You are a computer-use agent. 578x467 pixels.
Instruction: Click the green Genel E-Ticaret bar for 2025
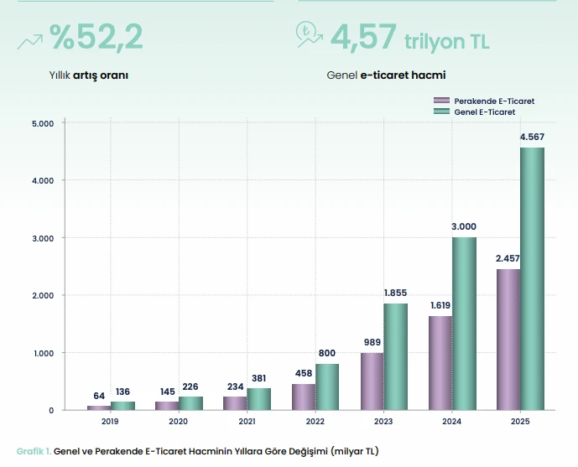pos(533,279)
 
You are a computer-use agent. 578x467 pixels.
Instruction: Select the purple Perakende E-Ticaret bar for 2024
pos(440,363)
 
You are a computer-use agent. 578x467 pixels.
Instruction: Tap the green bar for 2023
pos(395,357)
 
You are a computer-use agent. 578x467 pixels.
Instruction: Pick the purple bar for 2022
pos(304,397)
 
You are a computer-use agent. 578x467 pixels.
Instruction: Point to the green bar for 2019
pos(122,406)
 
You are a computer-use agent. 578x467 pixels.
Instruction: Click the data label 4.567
pos(532,137)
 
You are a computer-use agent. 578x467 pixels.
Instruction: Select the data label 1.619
pos(440,305)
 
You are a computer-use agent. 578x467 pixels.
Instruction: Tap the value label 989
pos(372,342)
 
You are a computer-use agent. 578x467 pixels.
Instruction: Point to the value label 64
pos(99,396)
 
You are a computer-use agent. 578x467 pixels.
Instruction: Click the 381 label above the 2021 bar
pos(258,378)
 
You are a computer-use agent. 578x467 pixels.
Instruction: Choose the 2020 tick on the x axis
pos(178,422)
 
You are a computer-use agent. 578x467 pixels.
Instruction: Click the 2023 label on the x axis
pos(383,422)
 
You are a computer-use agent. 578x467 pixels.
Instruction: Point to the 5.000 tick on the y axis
pos(43,123)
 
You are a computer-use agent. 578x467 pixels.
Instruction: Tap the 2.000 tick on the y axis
pos(43,295)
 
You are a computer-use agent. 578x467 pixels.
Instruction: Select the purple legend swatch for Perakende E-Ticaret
pos(441,101)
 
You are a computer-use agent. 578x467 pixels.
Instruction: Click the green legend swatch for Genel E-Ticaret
pos(441,112)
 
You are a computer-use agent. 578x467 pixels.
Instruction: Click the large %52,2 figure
pos(96,36)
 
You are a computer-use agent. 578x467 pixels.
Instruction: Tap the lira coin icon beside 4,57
pos(305,31)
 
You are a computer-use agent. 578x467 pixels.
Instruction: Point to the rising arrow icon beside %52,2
pos(30,42)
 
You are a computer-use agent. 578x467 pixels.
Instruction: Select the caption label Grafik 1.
pos(34,451)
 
